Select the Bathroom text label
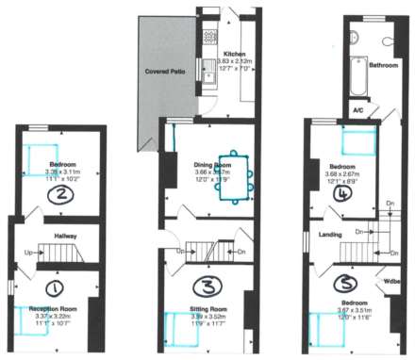[384, 66]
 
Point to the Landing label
[330, 235]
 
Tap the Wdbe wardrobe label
[393, 281]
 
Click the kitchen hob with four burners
[208, 37]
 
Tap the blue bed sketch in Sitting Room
[179, 326]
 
